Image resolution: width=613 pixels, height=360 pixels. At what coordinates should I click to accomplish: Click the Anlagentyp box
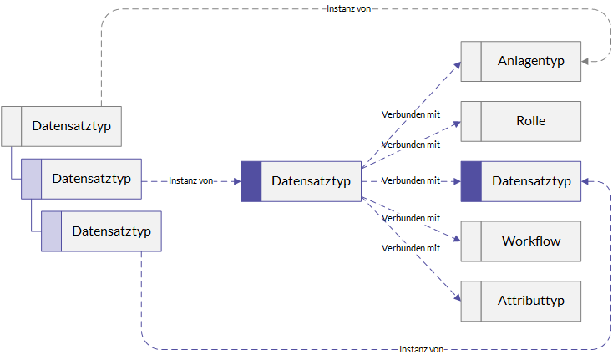(x=521, y=61)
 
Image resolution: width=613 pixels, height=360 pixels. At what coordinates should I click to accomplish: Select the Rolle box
(x=521, y=122)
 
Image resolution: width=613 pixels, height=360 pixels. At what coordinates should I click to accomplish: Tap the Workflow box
(x=521, y=241)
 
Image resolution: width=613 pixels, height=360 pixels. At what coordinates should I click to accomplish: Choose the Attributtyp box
(x=521, y=301)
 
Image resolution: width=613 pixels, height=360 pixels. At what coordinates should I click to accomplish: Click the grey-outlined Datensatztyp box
(x=61, y=126)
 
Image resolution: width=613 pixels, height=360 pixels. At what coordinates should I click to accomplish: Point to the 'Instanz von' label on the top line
(x=349, y=8)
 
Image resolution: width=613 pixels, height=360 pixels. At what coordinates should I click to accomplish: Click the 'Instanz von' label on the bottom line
(x=421, y=349)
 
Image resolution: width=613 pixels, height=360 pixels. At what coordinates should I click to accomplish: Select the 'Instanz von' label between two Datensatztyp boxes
(x=190, y=180)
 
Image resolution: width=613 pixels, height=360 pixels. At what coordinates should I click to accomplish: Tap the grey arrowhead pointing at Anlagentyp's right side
(x=585, y=61)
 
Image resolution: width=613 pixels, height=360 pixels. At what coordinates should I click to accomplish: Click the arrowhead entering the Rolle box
(x=457, y=124)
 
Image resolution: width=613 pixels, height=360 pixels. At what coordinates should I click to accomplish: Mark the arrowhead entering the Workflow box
(x=457, y=238)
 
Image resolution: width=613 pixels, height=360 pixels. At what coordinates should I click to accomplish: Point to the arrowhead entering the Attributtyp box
(x=458, y=297)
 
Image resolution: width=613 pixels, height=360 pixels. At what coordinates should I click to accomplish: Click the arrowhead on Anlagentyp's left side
(x=458, y=65)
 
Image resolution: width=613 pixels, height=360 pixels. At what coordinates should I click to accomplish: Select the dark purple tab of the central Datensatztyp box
(x=251, y=181)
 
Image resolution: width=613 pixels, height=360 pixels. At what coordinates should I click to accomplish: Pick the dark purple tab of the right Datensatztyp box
(x=471, y=181)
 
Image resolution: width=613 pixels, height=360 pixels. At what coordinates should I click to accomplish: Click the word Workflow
(x=531, y=241)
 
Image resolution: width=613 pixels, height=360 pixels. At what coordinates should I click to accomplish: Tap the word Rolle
(x=530, y=121)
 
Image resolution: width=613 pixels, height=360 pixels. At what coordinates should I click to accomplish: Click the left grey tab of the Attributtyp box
(x=471, y=301)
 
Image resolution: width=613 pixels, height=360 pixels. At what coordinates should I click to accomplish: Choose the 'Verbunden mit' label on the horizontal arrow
(x=411, y=180)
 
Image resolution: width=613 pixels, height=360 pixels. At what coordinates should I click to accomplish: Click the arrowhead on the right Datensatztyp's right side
(x=585, y=181)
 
